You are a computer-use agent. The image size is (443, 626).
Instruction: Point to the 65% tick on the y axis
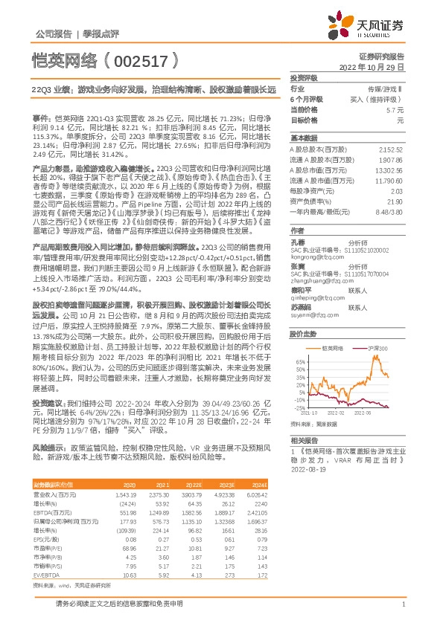[299, 360]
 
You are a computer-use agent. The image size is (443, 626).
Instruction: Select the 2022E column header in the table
[192, 484]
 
